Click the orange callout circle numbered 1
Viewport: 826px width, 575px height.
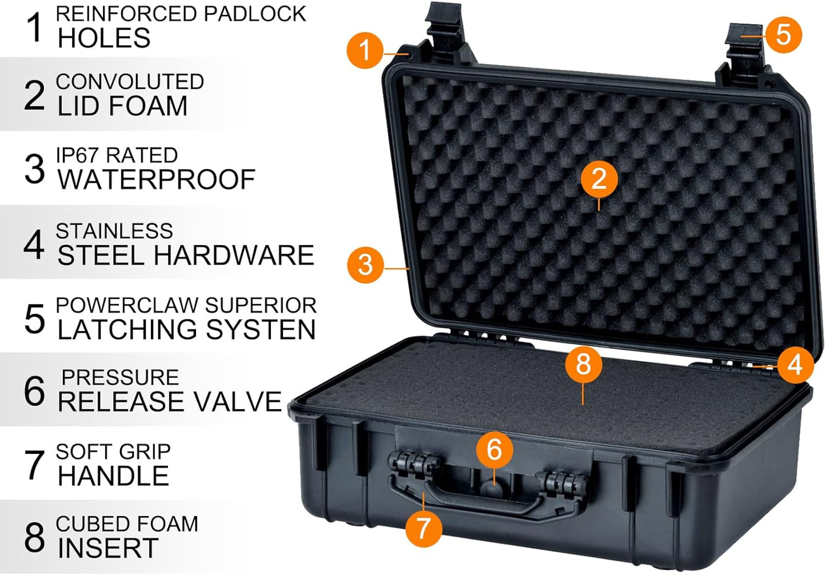365,50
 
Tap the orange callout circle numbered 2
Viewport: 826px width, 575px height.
598,179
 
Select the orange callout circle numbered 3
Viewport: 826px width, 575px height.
365,265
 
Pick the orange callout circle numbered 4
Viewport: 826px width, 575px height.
795,365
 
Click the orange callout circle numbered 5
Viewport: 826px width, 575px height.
783,35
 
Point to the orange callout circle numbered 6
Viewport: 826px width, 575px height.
494,449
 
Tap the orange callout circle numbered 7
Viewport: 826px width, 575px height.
423,528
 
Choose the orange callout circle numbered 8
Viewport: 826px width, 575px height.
583,364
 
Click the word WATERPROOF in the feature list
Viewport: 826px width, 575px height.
156,180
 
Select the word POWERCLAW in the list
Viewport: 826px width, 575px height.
127,305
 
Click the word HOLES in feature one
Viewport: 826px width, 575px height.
104,38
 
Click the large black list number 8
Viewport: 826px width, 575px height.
34,537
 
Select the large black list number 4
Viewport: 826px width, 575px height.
34,244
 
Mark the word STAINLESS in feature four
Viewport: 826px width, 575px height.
114,231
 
